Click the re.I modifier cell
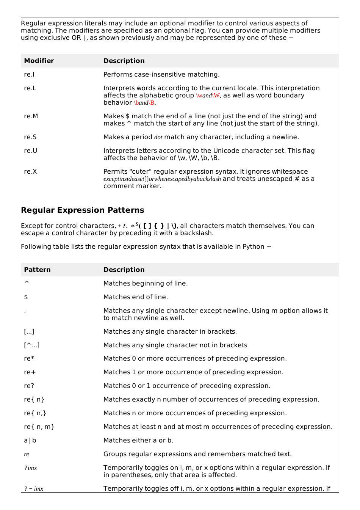tap(29, 75)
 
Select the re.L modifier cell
tap(30, 88)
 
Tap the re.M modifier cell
tap(31, 116)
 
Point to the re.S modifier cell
tap(30, 137)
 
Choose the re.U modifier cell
tap(30, 151)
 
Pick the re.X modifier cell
tap(30, 172)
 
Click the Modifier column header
tap(39, 61)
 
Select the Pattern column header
tap(37, 270)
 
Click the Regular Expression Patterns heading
tap(83, 210)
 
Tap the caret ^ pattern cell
tap(27, 283)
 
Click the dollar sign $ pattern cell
tap(26, 297)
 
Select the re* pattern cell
tap(29, 359)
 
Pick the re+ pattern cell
tap(30, 372)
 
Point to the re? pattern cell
tap(29, 386)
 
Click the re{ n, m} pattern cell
tap(39, 427)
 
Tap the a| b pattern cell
tap(30, 441)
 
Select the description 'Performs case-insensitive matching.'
tap(161, 75)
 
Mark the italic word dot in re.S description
tap(158, 137)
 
